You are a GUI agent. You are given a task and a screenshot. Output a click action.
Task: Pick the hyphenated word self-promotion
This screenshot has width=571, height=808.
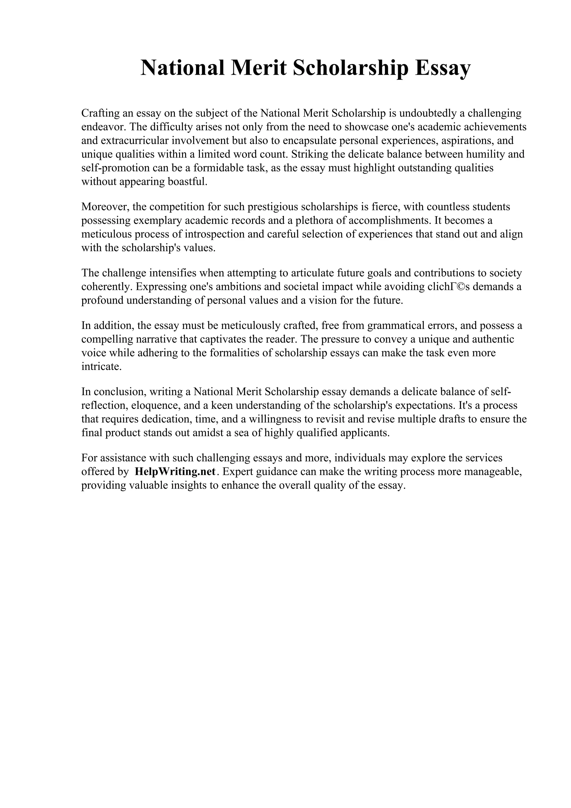tap(115, 168)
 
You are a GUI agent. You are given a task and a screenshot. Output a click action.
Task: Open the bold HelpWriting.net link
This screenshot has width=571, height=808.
tap(175, 471)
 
